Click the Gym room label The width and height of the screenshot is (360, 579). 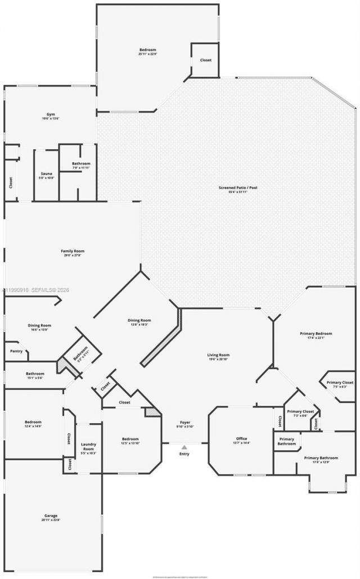click(51, 116)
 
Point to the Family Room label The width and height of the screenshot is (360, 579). click(73, 253)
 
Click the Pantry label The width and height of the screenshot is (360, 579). click(16, 351)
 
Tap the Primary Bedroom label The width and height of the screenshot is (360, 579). click(316, 336)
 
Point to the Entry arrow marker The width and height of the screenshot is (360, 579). click(184, 448)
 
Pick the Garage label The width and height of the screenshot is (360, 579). click(51, 518)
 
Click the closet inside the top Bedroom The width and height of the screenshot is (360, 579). click(206, 60)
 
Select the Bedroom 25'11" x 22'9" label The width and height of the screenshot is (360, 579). click(147, 52)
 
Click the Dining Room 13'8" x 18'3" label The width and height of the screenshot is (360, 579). click(139, 322)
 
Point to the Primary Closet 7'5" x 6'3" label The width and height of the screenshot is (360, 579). click(340, 384)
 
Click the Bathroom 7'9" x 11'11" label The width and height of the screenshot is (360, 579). click(81, 165)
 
